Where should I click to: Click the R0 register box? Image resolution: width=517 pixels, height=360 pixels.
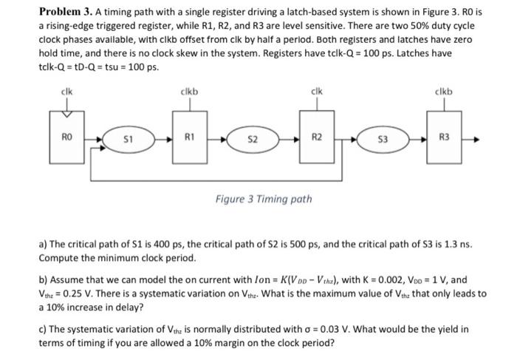click(x=66, y=136)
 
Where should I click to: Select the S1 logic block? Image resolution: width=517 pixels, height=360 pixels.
click(x=126, y=137)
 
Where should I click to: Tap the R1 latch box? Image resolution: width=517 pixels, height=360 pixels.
click(x=188, y=136)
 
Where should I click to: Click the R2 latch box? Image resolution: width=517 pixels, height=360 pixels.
click(x=316, y=136)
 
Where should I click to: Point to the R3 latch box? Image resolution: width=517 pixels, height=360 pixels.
click(x=444, y=136)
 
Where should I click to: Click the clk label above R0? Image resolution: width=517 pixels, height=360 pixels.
click(x=67, y=92)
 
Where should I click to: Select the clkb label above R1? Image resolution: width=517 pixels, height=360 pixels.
click(x=189, y=92)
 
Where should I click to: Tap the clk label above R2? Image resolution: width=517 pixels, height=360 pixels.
click(x=316, y=92)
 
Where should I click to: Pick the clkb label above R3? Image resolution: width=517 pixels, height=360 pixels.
click(x=444, y=92)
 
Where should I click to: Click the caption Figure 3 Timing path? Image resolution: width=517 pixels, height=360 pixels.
click(x=263, y=198)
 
